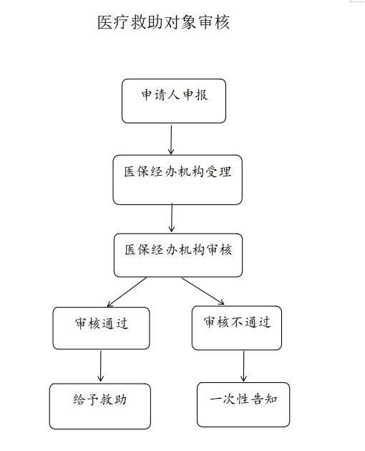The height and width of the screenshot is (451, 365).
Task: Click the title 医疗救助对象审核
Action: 163,22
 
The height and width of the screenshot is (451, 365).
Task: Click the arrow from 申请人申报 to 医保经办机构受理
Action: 171,140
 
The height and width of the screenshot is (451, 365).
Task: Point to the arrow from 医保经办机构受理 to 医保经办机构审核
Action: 172,218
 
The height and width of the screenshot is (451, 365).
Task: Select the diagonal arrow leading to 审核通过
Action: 127,292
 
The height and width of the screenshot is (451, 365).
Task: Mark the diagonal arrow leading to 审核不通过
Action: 203,291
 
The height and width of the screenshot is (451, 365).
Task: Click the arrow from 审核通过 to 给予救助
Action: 100,366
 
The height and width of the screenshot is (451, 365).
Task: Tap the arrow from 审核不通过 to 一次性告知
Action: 243,366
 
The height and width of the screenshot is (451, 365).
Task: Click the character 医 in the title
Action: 104,22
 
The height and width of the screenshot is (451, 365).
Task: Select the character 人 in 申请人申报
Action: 174,95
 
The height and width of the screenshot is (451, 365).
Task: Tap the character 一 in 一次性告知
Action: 215,399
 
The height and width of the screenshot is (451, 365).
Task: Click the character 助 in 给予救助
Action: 120,400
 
